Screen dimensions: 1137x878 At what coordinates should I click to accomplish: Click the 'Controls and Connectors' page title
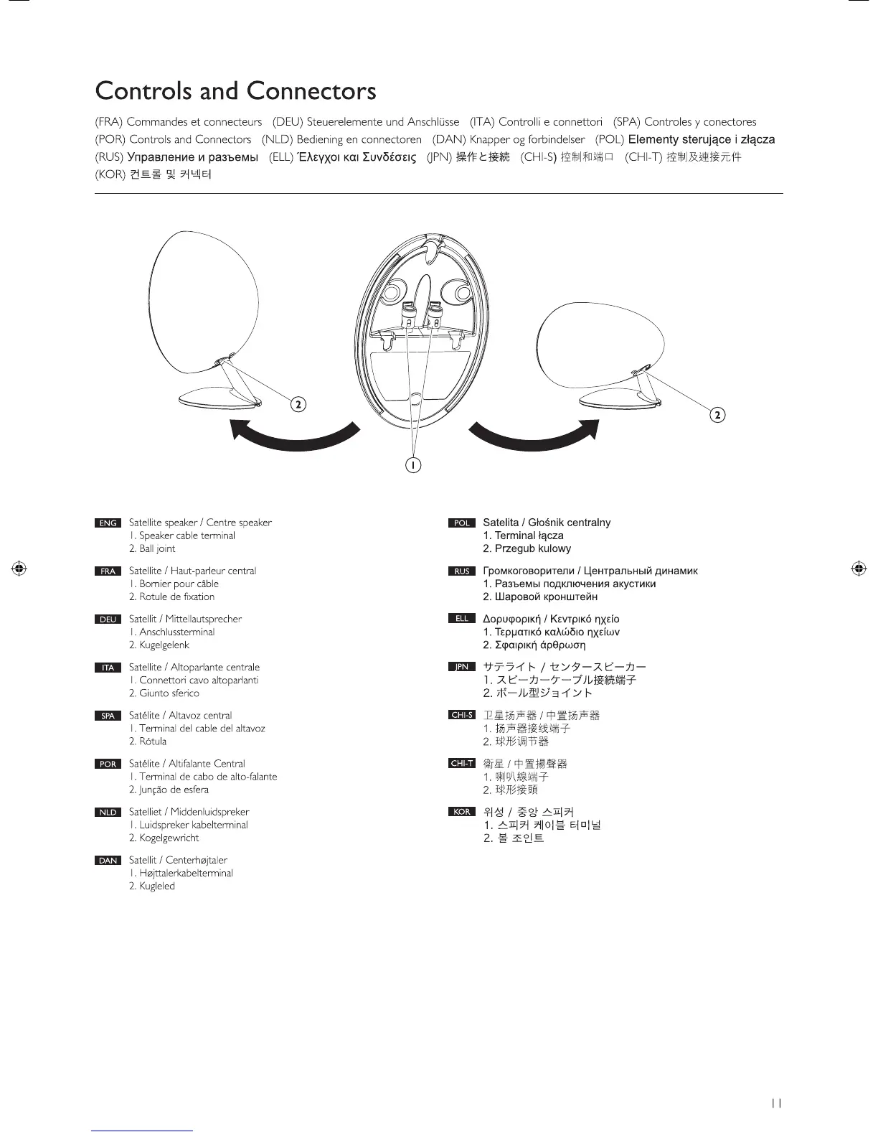tap(235, 92)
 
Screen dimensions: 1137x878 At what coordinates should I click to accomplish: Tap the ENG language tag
tap(108, 523)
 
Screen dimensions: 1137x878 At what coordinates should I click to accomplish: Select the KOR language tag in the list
tap(462, 812)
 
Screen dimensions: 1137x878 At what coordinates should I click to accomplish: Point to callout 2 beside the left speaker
tap(298, 404)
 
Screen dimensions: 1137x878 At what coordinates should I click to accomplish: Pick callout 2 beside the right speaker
tap(717, 414)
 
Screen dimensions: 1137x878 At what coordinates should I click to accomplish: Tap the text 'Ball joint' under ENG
tap(157, 549)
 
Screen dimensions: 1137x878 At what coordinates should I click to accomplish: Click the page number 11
tap(775, 1104)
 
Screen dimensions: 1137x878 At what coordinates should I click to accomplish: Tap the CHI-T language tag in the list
tap(462, 764)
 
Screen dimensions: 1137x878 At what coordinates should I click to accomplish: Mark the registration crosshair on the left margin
tap(20, 568)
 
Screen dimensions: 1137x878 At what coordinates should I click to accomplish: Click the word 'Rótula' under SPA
tap(153, 741)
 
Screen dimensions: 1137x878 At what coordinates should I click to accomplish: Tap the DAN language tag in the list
tap(108, 861)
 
